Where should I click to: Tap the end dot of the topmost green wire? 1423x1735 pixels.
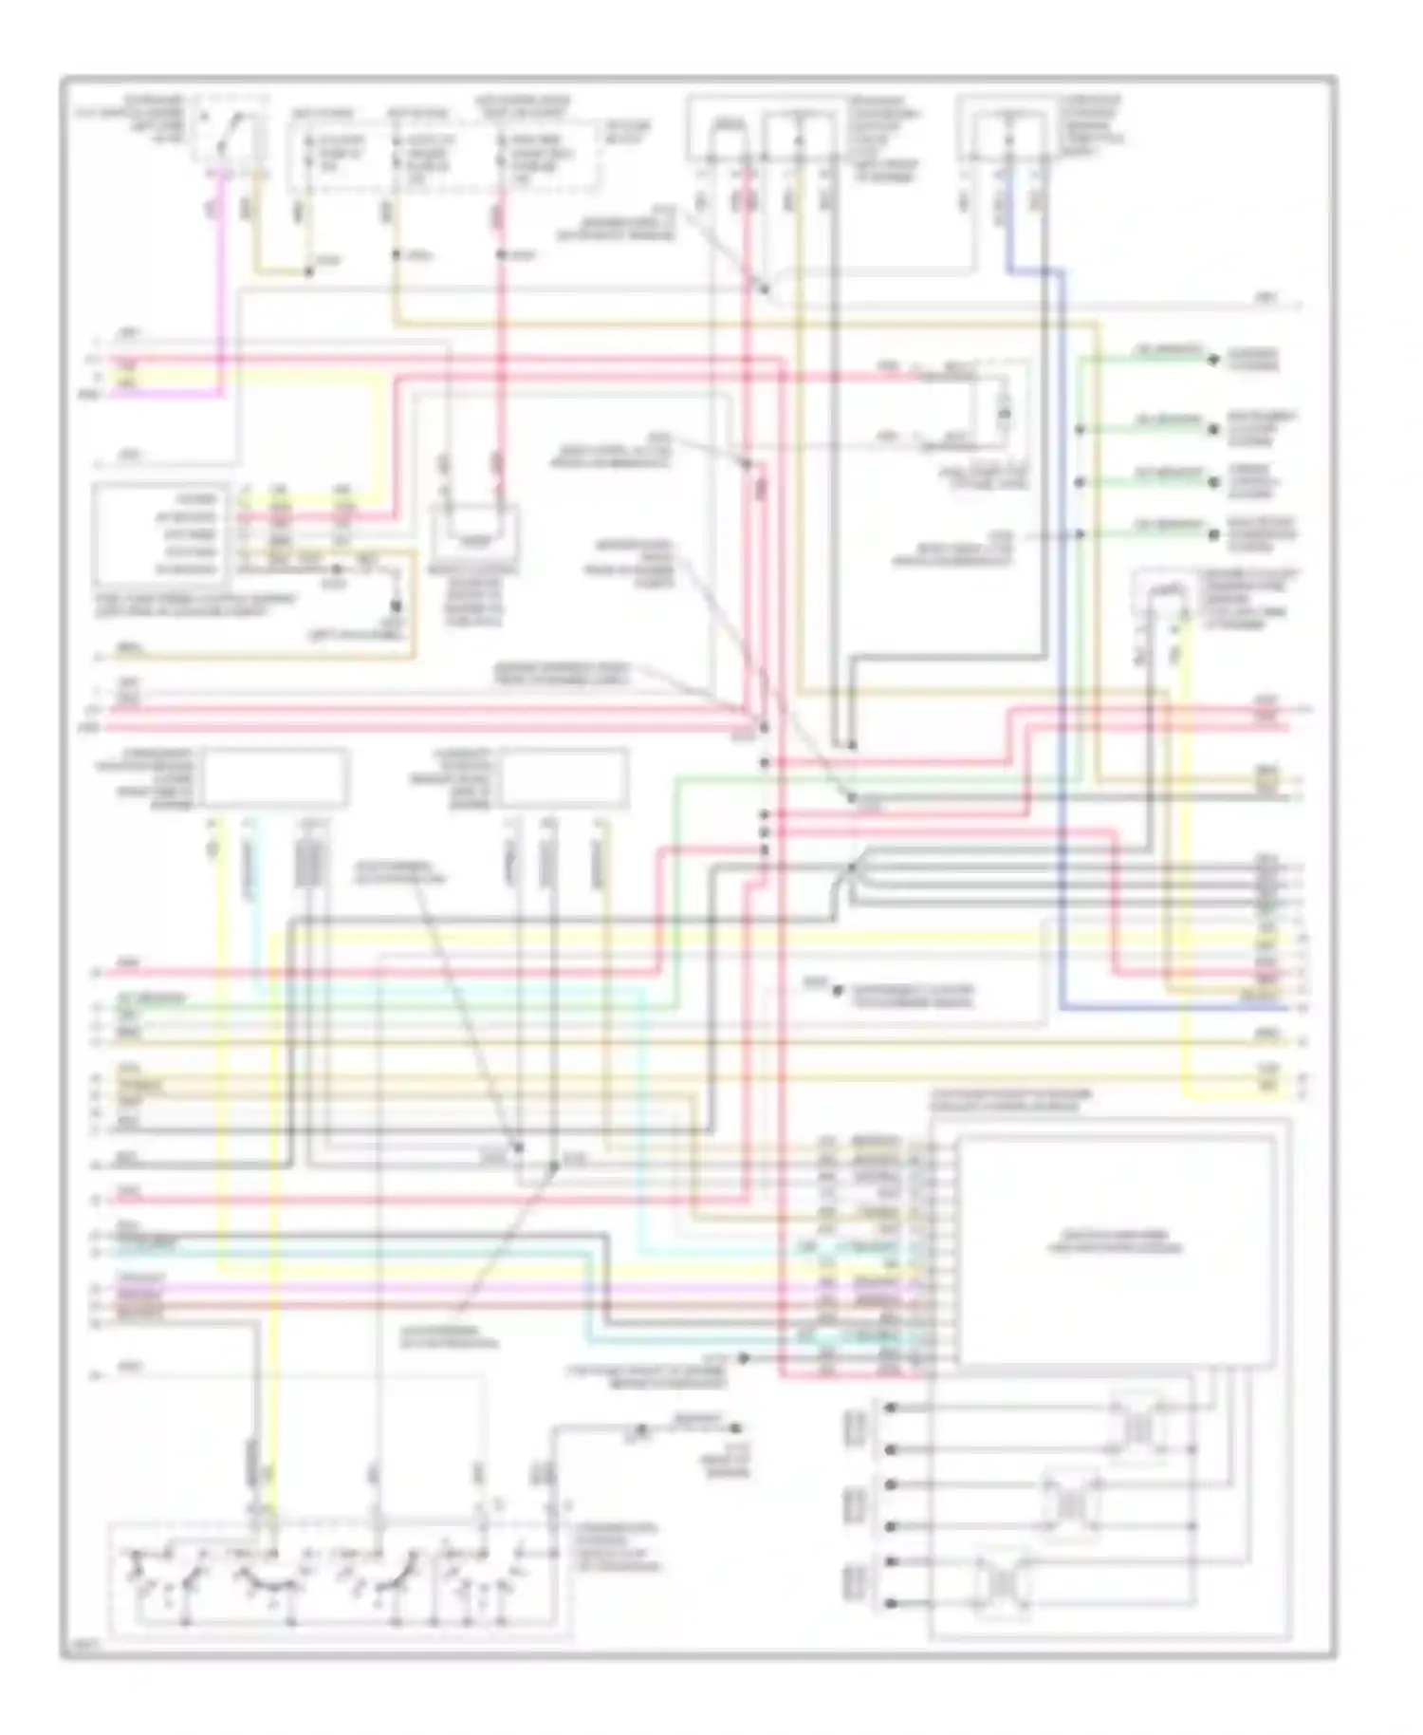click(x=1212, y=361)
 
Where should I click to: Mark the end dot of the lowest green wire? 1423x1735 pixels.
click(x=1212, y=535)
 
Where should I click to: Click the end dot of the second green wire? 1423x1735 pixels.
click(x=1212, y=429)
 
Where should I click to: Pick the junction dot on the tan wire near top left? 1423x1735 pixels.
click(x=309, y=272)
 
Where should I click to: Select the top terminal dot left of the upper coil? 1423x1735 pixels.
click(x=890, y=1408)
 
